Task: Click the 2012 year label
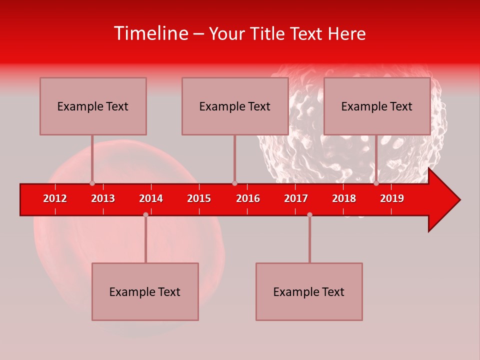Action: [x=55, y=198]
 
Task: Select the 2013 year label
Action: [x=103, y=198]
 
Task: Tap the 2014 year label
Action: [x=151, y=198]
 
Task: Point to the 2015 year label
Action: [x=199, y=198]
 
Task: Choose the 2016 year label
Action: [x=248, y=198]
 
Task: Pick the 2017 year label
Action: [x=296, y=198]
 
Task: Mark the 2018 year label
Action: [x=344, y=198]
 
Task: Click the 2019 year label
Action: [x=392, y=198]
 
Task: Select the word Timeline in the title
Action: [x=150, y=33]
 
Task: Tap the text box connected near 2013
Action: [x=93, y=106]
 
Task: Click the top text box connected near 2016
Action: [x=235, y=106]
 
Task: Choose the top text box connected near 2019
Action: [x=377, y=106]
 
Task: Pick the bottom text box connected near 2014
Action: [x=145, y=291]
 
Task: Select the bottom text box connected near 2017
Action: [x=309, y=291]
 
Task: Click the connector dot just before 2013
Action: [x=92, y=183]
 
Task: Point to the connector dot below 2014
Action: [x=145, y=214]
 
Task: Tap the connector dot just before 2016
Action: [x=234, y=183]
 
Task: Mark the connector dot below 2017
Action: [x=309, y=214]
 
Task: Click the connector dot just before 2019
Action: [x=376, y=183]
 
